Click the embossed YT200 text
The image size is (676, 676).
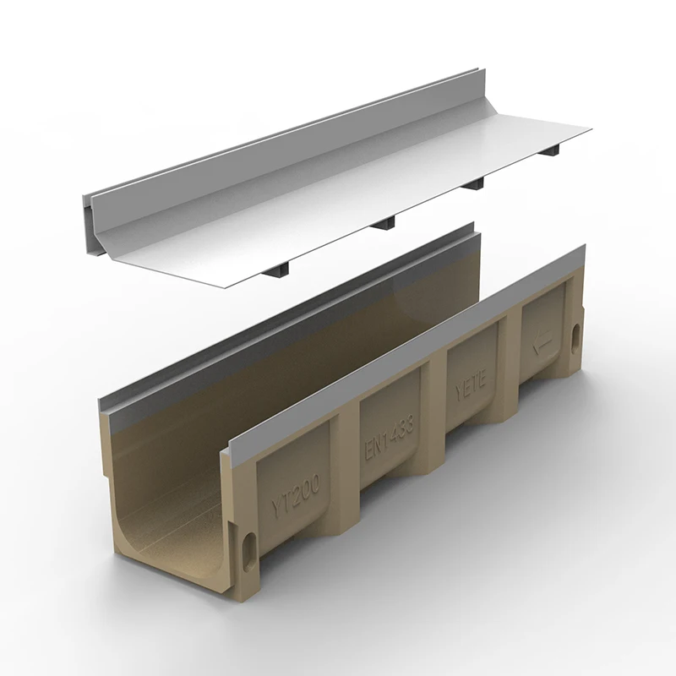tap(290, 497)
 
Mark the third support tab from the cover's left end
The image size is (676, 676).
tap(474, 183)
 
